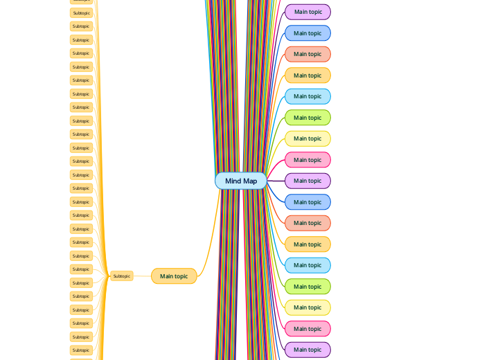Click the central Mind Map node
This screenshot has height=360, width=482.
point(240,181)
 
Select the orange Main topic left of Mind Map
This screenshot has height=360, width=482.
point(174,276)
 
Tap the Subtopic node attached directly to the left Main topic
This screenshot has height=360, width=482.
point(121,276)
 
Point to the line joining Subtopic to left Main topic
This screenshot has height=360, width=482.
point(142,276)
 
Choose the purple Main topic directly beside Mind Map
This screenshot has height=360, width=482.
point(307,181)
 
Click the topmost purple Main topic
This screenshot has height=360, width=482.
point(307,12)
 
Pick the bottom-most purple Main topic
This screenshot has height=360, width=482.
point(307,350)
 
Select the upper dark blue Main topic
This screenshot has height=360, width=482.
point(307,33)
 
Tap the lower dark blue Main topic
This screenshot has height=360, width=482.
point(307,202)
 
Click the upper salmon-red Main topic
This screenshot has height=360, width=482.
point(307,54)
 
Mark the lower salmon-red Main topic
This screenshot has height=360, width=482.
point(307,223)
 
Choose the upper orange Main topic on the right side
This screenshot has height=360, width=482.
point(307,75)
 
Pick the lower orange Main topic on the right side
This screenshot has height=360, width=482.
point(307,244)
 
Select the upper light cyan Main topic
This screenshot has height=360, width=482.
point(307,96)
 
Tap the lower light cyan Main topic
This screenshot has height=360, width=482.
point(307,265)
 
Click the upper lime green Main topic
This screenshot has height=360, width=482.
point(307,118)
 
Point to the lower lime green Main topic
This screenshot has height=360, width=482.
point(307,287)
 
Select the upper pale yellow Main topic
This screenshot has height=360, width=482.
point(307,138)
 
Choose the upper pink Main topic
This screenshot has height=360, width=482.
point(307,160)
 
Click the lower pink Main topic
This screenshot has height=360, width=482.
point(307,329)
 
